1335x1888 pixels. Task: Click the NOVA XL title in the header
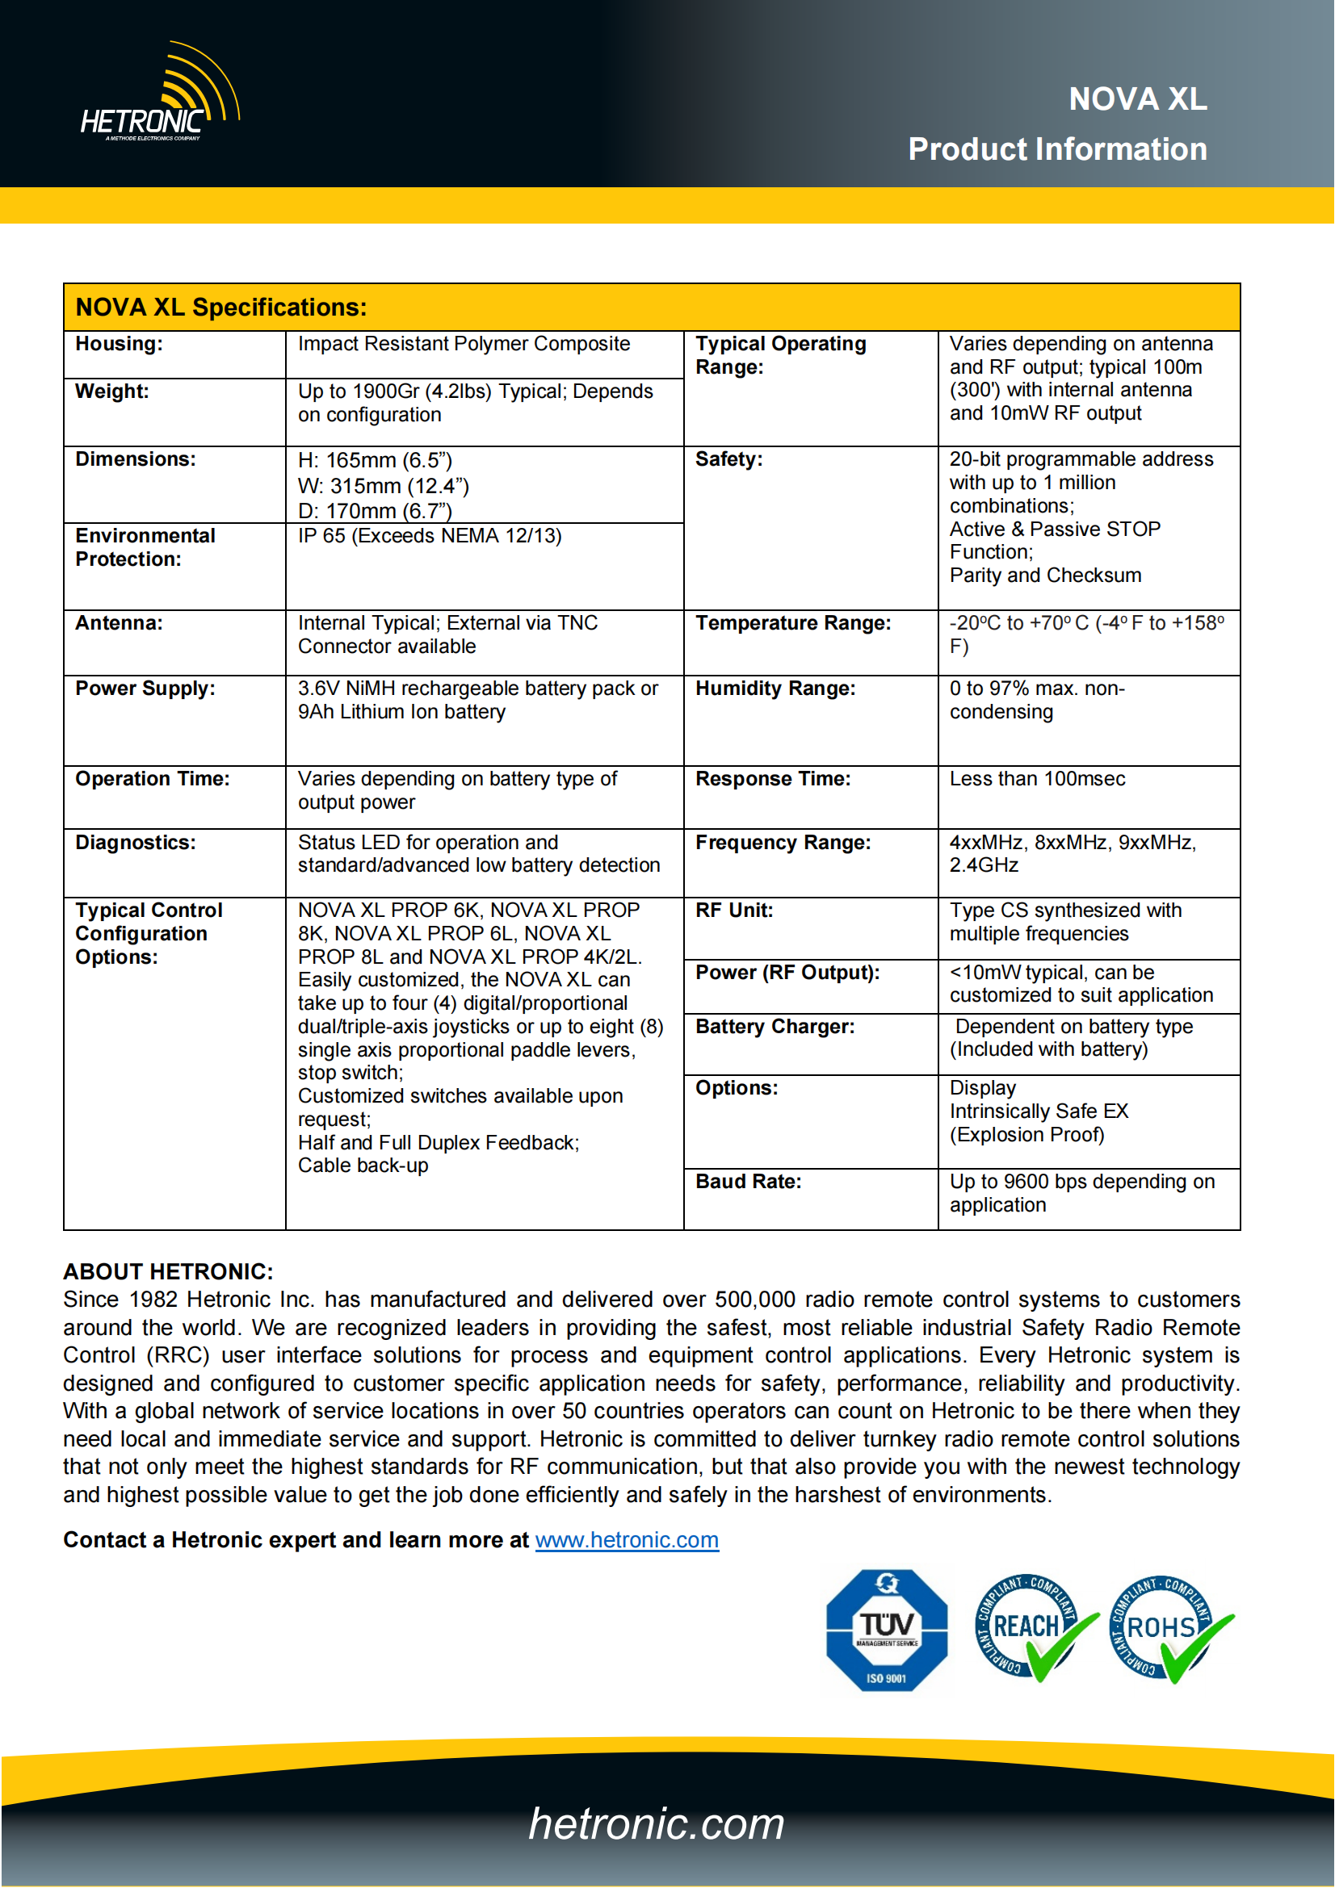click(x=1137, y=99)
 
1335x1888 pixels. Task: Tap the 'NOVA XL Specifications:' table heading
click(x=221, y=308)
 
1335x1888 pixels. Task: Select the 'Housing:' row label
click(x=120, y=344)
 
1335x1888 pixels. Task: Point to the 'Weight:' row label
click(x=113, y=391)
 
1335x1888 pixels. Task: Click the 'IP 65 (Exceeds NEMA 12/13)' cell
click(x=430, y=536)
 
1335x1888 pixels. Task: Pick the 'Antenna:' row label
click(x=120, y=623)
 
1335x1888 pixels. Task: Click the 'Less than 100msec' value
click(x=1036, y=779)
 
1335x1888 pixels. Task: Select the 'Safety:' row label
click(x=728, y=458)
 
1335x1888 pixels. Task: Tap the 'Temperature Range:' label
click(x=793, y=623)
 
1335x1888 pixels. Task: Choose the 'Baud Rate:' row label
click(x=748, y=1182)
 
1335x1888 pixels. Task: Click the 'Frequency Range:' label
click(x=783, y=843)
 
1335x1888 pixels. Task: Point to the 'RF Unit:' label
click(x=733, y=911)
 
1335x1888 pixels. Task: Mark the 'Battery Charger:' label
click(x=775, y=1026)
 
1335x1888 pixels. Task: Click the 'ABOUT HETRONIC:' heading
click(x=169, y=1271)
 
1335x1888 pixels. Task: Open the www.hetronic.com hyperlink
click(x=627, y=1540)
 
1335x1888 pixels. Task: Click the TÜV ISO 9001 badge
click(x=886, y=1630)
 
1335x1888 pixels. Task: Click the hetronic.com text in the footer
click(x=657, y=1823)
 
